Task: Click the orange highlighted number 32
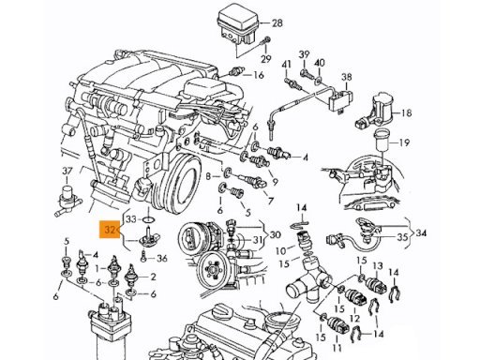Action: (x=110, y=230)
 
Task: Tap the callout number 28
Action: (x=277, y=22)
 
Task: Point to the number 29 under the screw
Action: (x=266, y=59)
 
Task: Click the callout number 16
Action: (x=259, y=75)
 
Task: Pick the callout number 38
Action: (x=347, y=77)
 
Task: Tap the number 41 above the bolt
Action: (x=286, y=65)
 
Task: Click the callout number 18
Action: (x=406, y=112)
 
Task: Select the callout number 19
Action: (x=405, y=142)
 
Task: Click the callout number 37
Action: (x=67, y=171)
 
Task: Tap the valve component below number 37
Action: (x=67, y=200)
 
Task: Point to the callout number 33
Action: (x=131, y=219)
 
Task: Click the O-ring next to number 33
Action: (x=148, y=219)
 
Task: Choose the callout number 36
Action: (x=162, y=259)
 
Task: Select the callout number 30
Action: (x=275, y=234)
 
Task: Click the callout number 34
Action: (x=421, y=233)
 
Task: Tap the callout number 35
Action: (x=402, y=237)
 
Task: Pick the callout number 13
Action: (x=378, y=266)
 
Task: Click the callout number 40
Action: (x=319, y=63)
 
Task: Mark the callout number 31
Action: (x=258, y=240)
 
